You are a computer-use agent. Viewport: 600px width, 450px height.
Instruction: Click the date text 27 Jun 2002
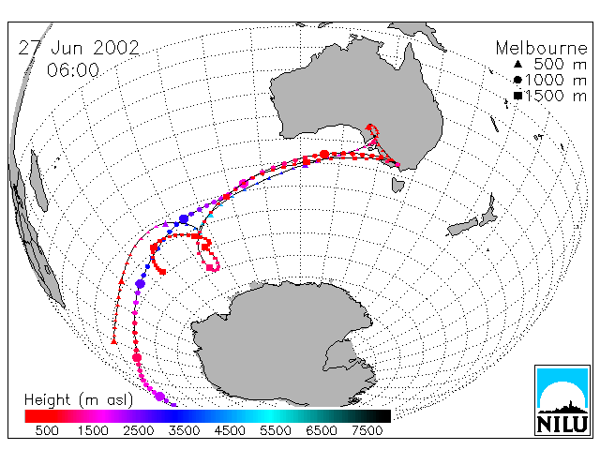[x=79, y=48]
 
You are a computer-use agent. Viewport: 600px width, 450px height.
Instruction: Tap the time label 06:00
[x=73, y=70]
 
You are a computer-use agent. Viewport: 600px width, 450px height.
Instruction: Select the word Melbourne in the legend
[x=542, y=48]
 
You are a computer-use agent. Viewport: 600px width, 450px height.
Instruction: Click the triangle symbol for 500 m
[x=517, y=64]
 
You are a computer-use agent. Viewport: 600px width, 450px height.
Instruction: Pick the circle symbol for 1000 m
[x=517, y=80]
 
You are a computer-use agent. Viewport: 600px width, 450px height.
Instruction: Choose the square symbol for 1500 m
[x=518, y=96]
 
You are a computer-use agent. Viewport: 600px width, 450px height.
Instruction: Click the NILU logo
[x=562, y=400]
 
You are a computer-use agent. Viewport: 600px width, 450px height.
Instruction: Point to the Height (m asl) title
[x=79, y=400]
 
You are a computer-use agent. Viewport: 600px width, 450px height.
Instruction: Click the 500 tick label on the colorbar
[x=47, y=430]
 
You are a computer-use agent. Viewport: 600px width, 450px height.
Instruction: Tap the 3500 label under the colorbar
[x=184, y=430]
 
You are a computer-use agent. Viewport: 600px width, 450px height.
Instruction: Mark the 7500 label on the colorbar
[x=367, y=430]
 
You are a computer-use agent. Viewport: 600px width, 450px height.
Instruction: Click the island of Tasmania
[x=397, y=185]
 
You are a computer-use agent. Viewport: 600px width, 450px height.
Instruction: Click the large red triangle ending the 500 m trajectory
[x=113, y=341]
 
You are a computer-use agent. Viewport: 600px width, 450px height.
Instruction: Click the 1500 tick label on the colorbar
[x=93, y=430]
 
